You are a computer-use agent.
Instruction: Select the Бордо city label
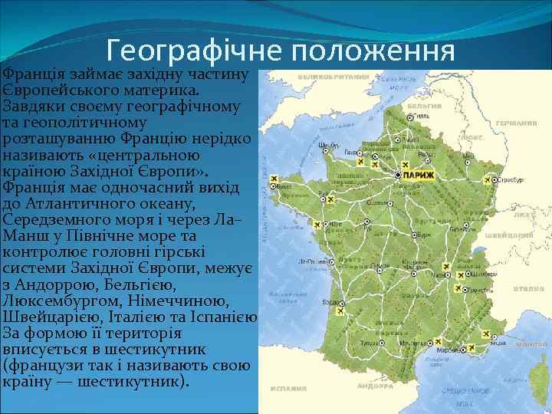coord(331,303)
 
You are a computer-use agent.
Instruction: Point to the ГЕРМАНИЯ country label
coord(514,123)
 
